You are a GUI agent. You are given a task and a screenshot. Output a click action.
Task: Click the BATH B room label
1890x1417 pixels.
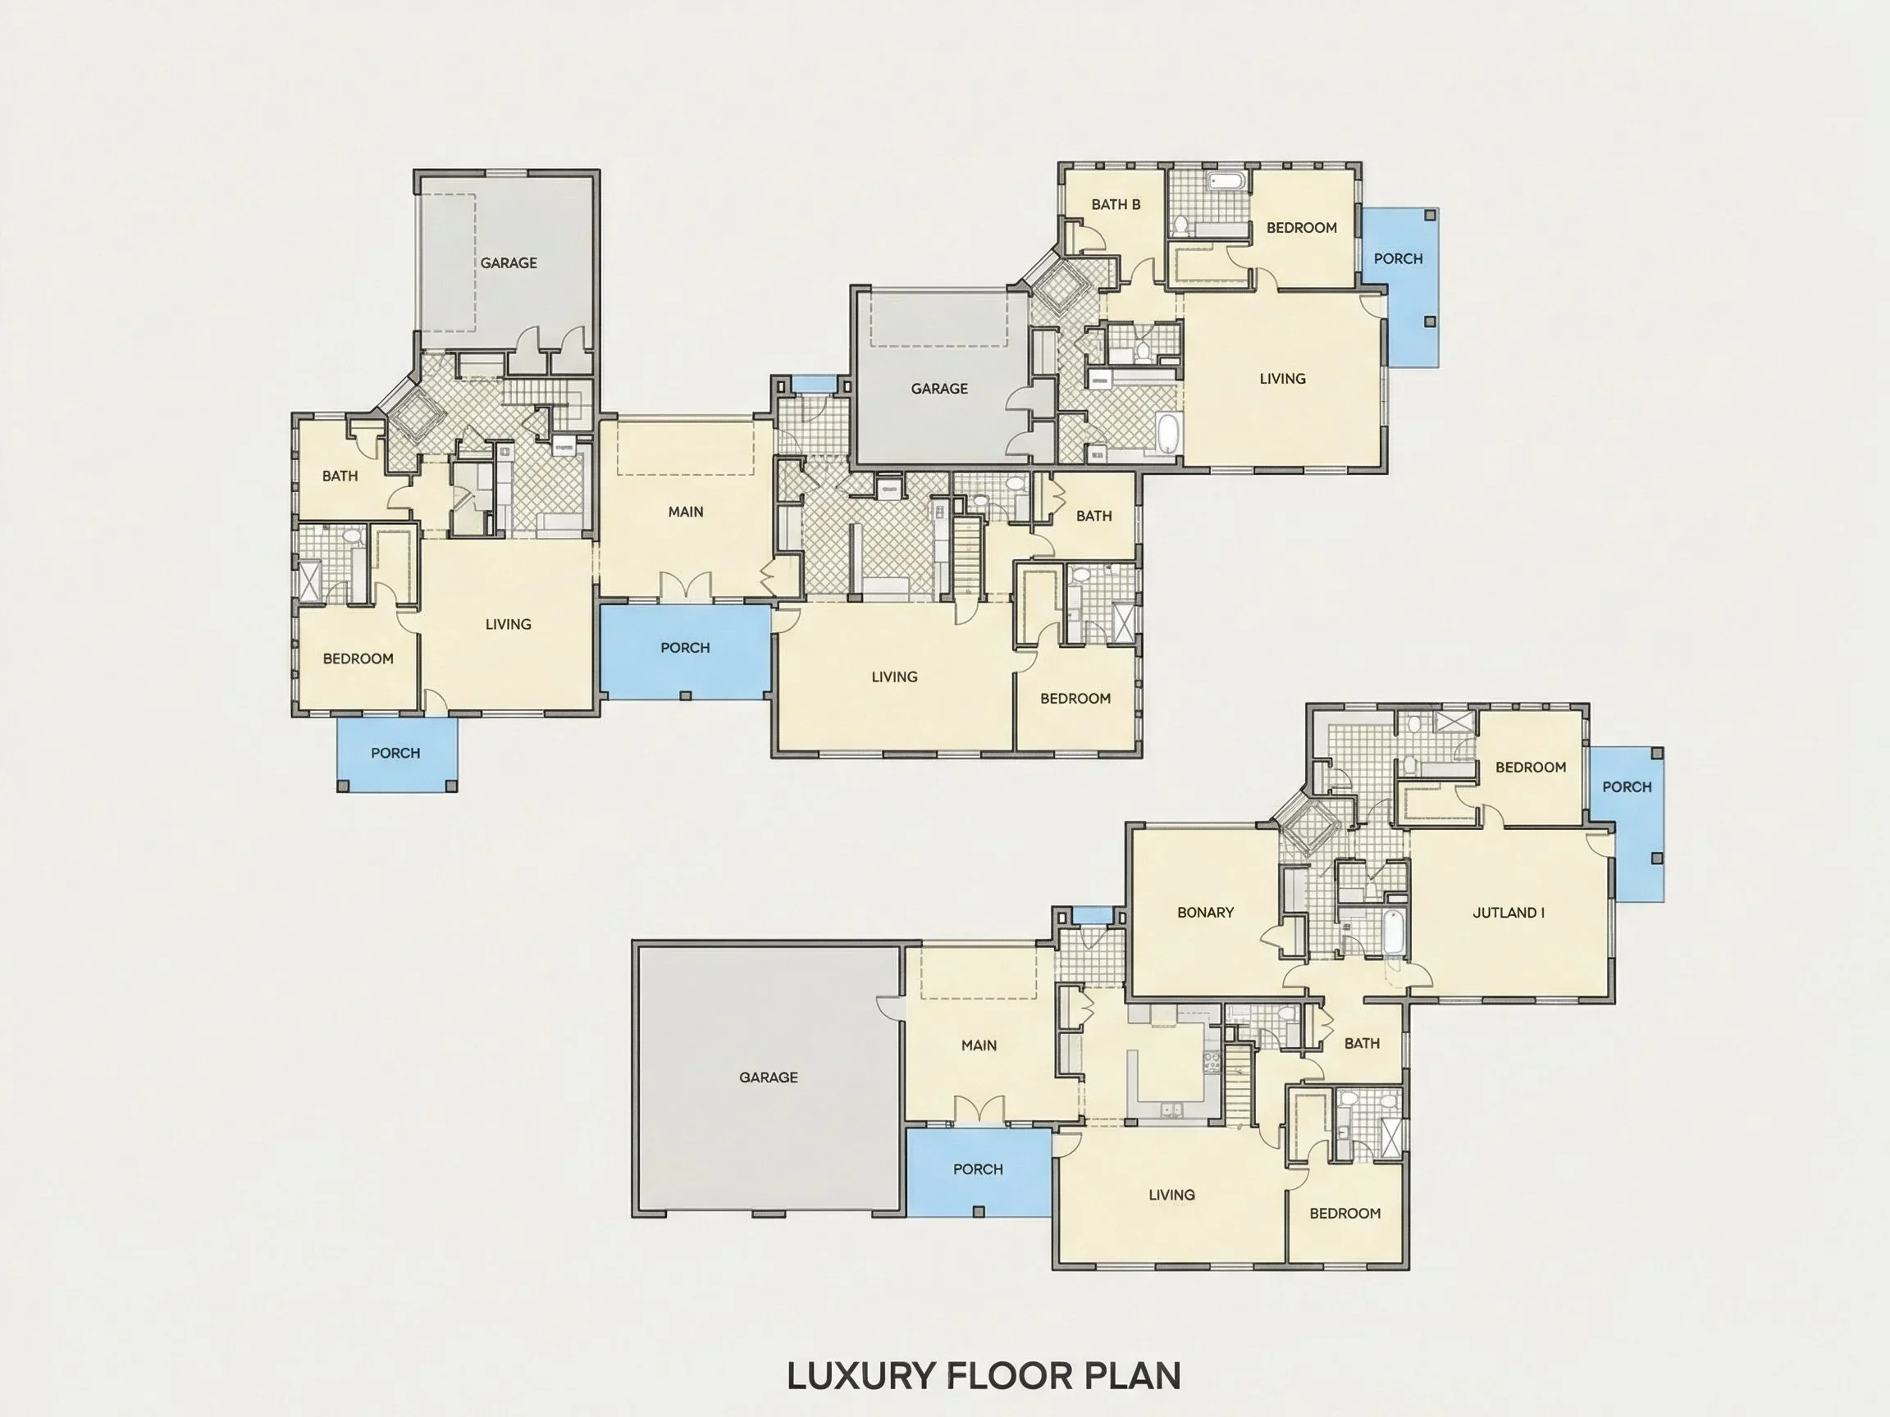[x=1116, y=205]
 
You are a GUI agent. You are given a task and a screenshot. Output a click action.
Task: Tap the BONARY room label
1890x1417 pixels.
[x=1206, y=913]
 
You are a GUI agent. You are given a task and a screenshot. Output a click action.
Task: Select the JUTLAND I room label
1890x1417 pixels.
[x=1509, y=913]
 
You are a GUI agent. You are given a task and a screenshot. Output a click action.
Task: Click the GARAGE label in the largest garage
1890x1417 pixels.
[x=768, y=1078]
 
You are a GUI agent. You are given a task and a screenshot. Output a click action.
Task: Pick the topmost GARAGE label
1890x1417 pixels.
[x=509, y=263]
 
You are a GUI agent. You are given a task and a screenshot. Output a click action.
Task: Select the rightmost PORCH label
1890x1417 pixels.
[x=1627, y=787]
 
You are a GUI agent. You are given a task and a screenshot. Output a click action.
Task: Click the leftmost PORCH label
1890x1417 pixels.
[x=395, y=754]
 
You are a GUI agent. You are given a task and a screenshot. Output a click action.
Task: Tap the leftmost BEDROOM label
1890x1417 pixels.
[x=358, y=658]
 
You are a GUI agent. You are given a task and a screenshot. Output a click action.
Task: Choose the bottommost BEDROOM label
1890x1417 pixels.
[x=1344, y=1214]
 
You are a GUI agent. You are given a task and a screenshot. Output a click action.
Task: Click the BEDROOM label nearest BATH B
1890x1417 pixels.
[x=1301, y=228]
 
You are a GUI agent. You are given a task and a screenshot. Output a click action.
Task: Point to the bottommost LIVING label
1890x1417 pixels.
[x=1171, y=1195]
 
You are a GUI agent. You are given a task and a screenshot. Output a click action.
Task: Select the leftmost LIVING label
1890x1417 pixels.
[x=509, y=624]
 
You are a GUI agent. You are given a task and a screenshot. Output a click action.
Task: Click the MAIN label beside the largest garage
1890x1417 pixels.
[x=979, y=1046]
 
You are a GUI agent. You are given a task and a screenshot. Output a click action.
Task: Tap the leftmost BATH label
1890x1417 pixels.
[x=340, y=476]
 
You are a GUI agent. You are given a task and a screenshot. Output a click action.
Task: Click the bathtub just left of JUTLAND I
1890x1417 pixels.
[x=1394, y=933]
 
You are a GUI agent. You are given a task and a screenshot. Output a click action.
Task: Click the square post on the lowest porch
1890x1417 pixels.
[x=979, y=1211]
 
